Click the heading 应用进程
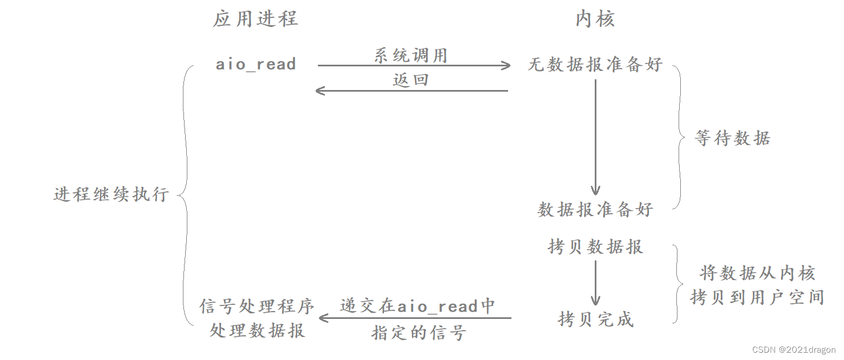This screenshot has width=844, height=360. (255, 19)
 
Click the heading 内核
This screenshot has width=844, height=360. (595, 19)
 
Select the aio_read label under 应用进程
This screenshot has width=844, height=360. (256, 64)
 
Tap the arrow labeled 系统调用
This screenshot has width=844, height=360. (414, 66)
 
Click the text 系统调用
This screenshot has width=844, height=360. (410, 55)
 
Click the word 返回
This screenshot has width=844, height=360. (410, 79)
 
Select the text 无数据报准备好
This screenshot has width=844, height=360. (595, 64)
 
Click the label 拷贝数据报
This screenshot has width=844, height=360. (595, 246)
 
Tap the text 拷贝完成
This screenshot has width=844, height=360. (595, 319)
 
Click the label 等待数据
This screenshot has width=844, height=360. (732, 138)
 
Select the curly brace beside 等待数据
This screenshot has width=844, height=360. (679, 137)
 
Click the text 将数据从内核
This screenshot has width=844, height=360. (757, 273)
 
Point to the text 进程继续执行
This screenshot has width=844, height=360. (111, 194)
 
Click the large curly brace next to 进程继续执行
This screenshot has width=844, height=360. (184, 194)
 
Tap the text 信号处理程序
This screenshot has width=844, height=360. (257, 306)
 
